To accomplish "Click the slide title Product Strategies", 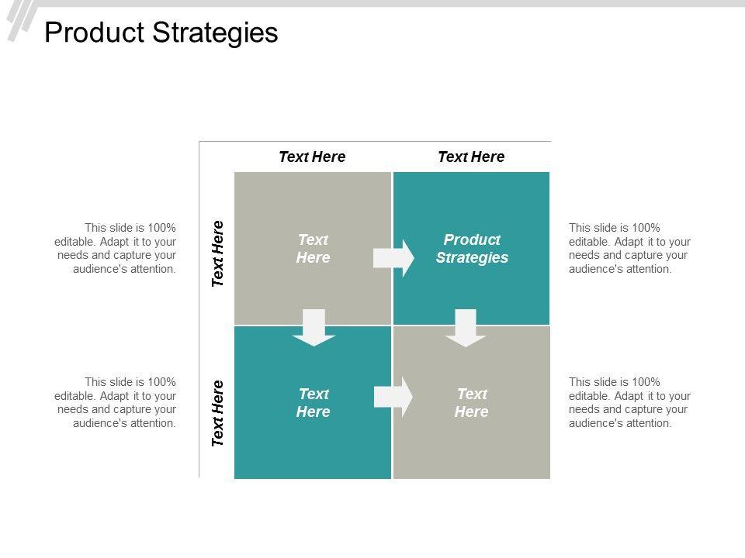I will tap(161, 33).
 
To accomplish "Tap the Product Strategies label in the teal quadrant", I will tap(472, 248).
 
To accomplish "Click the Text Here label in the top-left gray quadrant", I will tap(313, 248).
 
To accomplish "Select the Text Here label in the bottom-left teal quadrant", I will tap(313, 402).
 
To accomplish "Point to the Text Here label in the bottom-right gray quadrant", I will tap(472, 402).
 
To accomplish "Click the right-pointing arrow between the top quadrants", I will tap(393, 258).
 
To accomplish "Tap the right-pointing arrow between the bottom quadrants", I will tap(393, 397).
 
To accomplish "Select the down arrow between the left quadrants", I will tap(314, 326).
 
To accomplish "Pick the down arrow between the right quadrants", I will tap(466, 326).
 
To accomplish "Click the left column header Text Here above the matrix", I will tap(312, 157).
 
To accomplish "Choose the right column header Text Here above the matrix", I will tap(471, 157).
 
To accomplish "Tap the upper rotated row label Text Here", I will tap(218, 253).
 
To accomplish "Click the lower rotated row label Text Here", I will tap(218, 413).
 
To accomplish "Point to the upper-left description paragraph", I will tap(130, 248).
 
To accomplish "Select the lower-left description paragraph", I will tap(130, 402).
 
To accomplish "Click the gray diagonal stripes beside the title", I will tap(22, 20).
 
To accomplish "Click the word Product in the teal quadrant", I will tap(472, 239).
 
